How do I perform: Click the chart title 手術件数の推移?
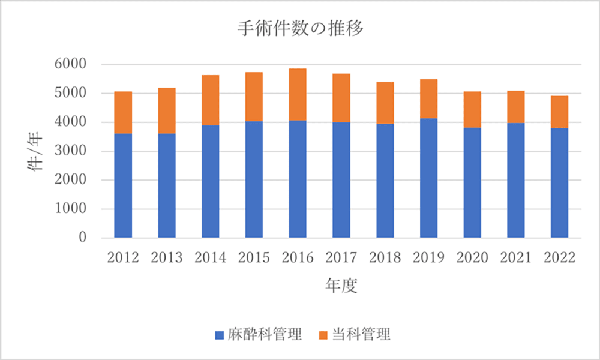click(x=300, y=29)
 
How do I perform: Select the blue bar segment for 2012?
click(x=123, y=185)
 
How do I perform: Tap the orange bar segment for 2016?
click(x=298, y=94)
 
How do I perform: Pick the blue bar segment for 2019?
click(x=428, y=178)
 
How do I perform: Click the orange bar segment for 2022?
click(x=559, y=112)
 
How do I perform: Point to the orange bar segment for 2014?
click(x=211, y=100)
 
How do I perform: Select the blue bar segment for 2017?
click(x=341, y=180)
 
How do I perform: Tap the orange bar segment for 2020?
click(x=472, y=110)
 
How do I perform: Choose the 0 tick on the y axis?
click(x=82, y=238)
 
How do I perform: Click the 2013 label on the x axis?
click(x=167, y=257)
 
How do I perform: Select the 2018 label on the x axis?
click(x=385, y=257)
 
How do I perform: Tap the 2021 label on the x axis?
click(x=516, y=257)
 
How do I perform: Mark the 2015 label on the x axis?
click(x=254, y=257)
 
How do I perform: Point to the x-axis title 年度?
click(x=341, y=286)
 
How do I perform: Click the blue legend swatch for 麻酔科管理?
click(x=219, y=335)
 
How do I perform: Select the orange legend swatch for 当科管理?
click(x=323, y=335)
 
